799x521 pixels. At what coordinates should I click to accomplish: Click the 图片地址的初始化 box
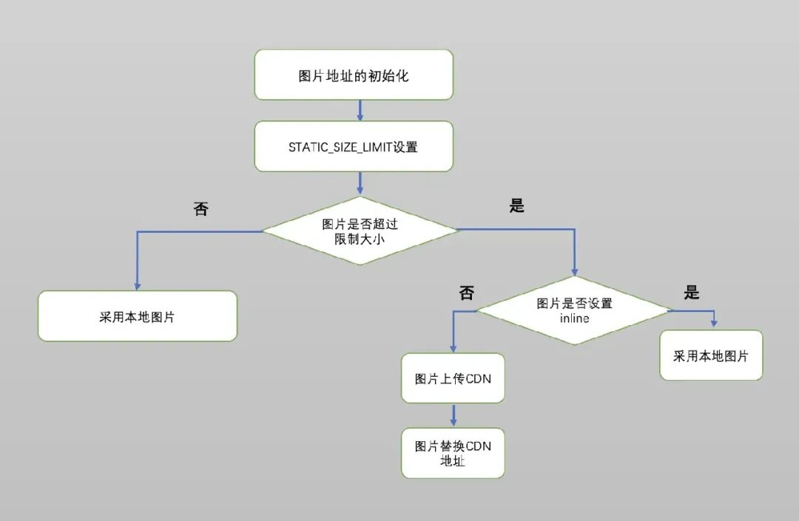click(354, 75)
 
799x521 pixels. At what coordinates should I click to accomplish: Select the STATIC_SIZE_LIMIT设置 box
click(354, 147)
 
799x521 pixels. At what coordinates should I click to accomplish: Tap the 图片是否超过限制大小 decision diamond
click(360, 231)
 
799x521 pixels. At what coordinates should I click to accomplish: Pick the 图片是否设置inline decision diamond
click(574, 310)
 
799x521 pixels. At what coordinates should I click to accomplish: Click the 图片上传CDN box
click(453, 378)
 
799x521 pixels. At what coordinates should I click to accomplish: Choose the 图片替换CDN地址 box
click(453, 453)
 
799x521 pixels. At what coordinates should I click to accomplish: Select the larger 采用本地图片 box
click(138, 316)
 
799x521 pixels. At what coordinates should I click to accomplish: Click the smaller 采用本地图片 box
click(710, 355)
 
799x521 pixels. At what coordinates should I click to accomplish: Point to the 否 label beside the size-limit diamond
click(201, 209)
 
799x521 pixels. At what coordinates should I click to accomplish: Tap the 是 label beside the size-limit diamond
click(517, 206)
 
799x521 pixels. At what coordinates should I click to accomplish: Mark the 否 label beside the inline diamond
click(467, 293)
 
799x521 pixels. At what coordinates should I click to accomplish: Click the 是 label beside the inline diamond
click(692, 293)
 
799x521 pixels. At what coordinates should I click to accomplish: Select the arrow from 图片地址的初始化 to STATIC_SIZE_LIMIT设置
click(360, 110)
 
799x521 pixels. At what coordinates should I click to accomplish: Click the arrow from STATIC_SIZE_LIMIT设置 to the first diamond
click(360, 183)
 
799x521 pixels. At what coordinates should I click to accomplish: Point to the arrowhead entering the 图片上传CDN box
click(453, 348)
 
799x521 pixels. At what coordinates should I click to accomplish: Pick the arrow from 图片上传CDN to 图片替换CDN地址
click(453, 415)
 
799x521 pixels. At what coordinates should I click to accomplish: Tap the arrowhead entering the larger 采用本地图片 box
click(137, 285)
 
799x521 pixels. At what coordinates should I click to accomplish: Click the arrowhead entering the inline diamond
click(574, 271)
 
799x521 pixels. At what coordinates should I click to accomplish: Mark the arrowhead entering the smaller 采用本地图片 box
click(715, 324)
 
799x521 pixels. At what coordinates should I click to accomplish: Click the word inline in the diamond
click(574, 319)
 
